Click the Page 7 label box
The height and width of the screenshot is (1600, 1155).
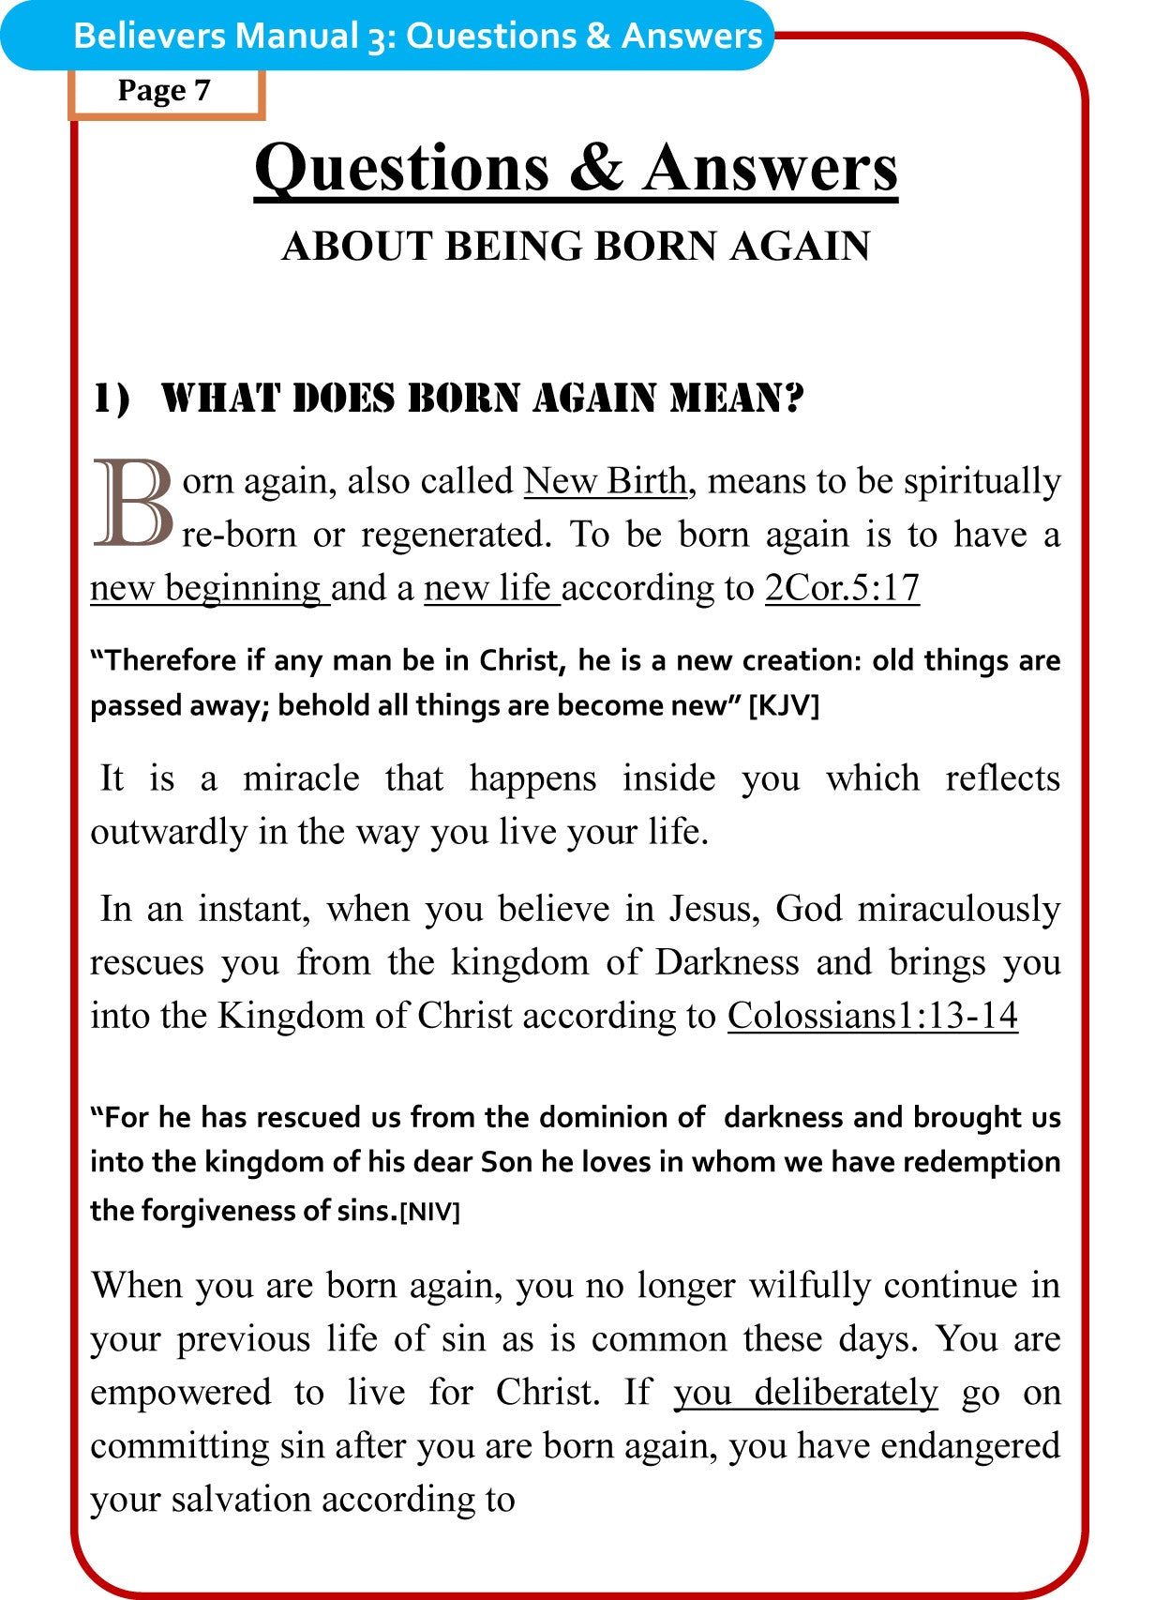click(x=165, y=91)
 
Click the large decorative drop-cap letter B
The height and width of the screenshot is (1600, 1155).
click(x=133, y=503)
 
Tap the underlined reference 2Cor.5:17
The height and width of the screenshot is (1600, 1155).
click(x=841, y=588)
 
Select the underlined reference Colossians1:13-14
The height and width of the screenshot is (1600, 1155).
click(x=872, y=1016)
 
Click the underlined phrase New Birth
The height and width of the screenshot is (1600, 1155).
click(x=606, y=481)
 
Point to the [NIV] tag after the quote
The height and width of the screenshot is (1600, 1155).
click(x=429, y=1212)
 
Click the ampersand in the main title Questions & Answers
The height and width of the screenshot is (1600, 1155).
click(x=595, y=168)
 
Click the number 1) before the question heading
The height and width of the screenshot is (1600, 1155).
click(x=111, y=399)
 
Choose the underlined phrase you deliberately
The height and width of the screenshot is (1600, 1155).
click(x=804, y=1392)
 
